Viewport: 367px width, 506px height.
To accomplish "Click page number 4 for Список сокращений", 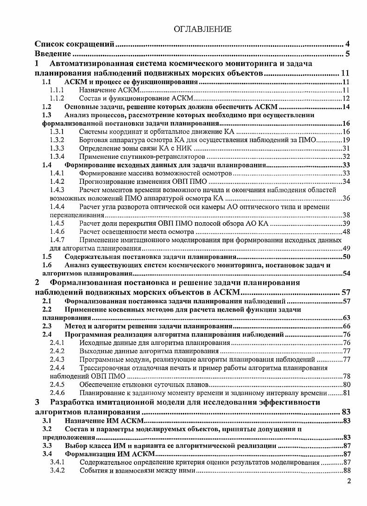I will (x=347, y=44).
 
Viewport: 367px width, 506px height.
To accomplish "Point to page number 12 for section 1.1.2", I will (x=346, y=99).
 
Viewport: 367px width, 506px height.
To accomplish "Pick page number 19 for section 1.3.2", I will (x=346, y=140).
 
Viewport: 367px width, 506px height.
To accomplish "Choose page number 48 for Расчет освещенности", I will (x=346, y=231).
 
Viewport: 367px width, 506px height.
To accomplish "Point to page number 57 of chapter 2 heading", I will (x=345, y=292).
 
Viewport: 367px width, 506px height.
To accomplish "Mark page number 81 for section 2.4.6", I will (x=346, y=393).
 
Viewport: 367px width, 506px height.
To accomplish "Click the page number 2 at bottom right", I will (x=349, y=481).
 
